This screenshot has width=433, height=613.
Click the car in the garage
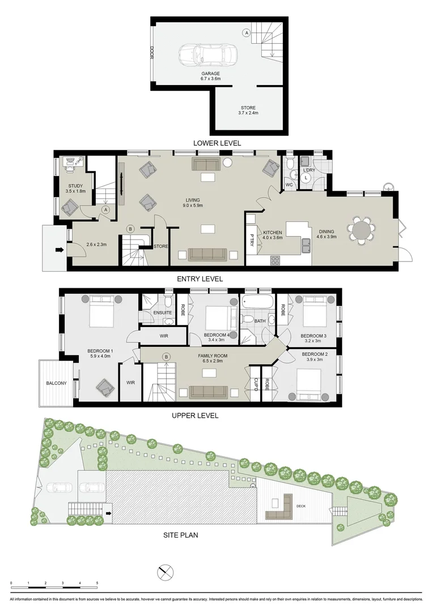(203, 56)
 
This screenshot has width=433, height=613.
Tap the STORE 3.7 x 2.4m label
(248, 110)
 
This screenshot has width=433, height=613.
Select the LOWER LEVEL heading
(217, 143)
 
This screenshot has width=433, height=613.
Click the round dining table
(362, 231)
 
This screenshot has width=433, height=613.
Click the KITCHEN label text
(273, 233)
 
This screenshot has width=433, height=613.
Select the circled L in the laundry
(305, 178)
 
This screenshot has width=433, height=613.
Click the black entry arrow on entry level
(58, 249)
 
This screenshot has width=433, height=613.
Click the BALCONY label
(56, 383)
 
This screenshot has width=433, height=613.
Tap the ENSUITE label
(163, 313)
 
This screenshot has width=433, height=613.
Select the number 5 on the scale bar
(97, 583)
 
